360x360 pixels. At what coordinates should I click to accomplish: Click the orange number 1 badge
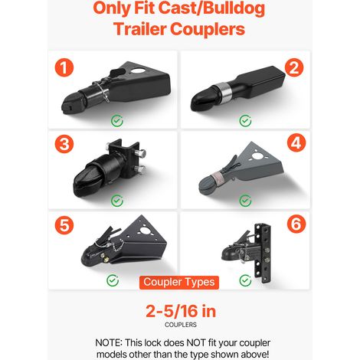coord(64,67)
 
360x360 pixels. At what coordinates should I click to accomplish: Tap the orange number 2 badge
coord(294,67)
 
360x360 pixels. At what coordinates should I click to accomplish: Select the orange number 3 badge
coord(64,143)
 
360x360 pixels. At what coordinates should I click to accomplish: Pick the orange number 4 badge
coord(296,142)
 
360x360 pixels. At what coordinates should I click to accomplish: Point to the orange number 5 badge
coord(64,224)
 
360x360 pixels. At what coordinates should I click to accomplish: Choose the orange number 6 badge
coord(296,224)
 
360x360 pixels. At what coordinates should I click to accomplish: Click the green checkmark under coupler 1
coord(117,121)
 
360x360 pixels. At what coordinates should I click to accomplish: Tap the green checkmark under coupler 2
coord(245,121)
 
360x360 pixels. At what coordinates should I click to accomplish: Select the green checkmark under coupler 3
coord(117,201)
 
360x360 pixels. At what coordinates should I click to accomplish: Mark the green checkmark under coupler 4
coord(245,201)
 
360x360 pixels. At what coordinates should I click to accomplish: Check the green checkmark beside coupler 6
coord(245,280)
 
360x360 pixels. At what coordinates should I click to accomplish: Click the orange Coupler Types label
coord(179,283)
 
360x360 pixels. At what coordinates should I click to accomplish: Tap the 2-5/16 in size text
coord(181,311)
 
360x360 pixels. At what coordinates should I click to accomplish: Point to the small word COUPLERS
coord(181,325)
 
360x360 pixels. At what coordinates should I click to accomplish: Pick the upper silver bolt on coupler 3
coord(141,153)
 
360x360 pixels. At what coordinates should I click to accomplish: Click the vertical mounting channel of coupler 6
coord(263,253)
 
